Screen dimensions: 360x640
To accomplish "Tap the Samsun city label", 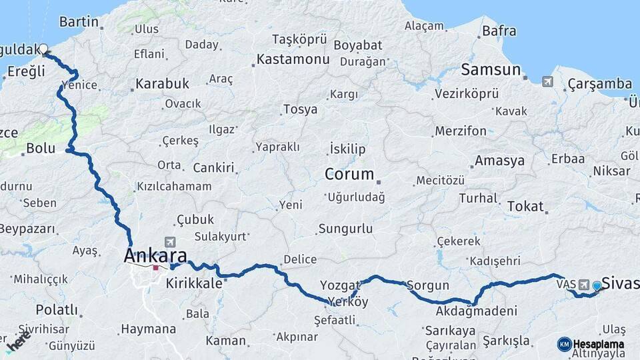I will [x=491, y=70].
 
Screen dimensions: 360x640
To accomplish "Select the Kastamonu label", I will [x=293, y=60].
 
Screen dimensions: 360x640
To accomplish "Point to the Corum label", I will [x=349, y=175].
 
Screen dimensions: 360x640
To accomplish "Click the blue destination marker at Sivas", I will [x=597, y=285].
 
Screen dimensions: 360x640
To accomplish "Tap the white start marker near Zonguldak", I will [x=44, y=49].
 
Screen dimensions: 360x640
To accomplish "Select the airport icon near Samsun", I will [x=548, y=81].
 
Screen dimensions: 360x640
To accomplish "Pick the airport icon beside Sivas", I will [x=585, y=285].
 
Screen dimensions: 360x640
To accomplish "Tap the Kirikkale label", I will [x=193, y=283].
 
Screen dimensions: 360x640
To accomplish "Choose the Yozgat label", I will [x=340, y=285].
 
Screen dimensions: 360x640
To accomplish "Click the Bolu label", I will [x=40, y=148].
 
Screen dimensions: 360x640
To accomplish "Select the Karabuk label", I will [x=163, y=84].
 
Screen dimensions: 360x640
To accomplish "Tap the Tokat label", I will [x=525, y=206].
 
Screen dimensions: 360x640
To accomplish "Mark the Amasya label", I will [x=499, y=161].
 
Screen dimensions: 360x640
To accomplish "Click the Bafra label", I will [x=499, y=31].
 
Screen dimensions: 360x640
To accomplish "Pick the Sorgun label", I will [x=428, y=286].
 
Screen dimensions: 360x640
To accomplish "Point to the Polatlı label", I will [x=56, y=310].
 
